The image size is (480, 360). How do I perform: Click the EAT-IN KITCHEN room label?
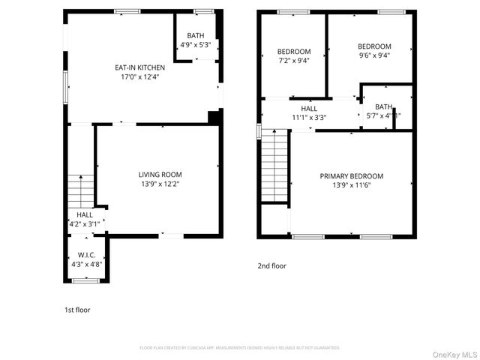pyautogui.click(x=139, y=67)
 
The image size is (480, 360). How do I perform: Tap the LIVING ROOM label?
pyautogui.click(x=160, y=174)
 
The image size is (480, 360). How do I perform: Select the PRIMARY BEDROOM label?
pyautogui.click(x=352, y=176)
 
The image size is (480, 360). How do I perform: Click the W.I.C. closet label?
pyautogui.click(x=87, y=254)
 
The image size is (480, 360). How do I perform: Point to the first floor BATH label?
pyautogui.click(x=195, y=35)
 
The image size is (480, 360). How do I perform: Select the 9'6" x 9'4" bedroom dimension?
pyautogui.click(x=374, y=55)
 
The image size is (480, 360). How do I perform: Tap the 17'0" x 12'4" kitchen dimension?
pyautogui.click(x=139, y=76)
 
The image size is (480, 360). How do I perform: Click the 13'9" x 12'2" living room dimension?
pyautogui.click(x=160, y=183)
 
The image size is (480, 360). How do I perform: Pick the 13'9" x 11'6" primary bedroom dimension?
pyautogui.click(x=352, y=185)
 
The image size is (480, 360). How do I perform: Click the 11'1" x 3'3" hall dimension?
pyautogui.click(x=309, y=117)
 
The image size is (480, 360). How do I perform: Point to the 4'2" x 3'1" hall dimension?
pyautogui.click(x=85, y=223)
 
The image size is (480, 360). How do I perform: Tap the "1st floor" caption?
pyautogui.click(x=76, y=309)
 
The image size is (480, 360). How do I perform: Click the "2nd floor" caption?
pyautogui.click(x=271, y=265)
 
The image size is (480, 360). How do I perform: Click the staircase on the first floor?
pyautogui.click(x=79, y=191)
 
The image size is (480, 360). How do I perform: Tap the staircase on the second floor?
pyautogui.click(x=274, y=165)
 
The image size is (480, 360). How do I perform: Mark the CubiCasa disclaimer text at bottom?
pyautogui.click(x=240, y=348)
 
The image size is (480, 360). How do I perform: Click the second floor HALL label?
pyautogui.click(x=309, y=109)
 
